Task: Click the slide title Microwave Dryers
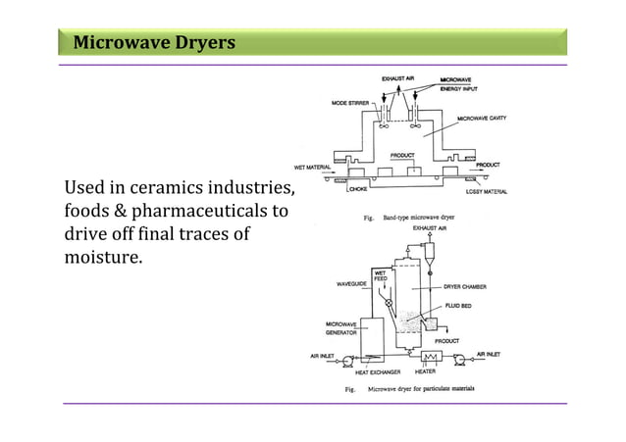154,43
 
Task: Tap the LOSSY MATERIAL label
487,191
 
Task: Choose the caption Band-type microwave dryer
423,218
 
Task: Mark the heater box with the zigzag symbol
426,358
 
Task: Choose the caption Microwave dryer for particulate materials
421,389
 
